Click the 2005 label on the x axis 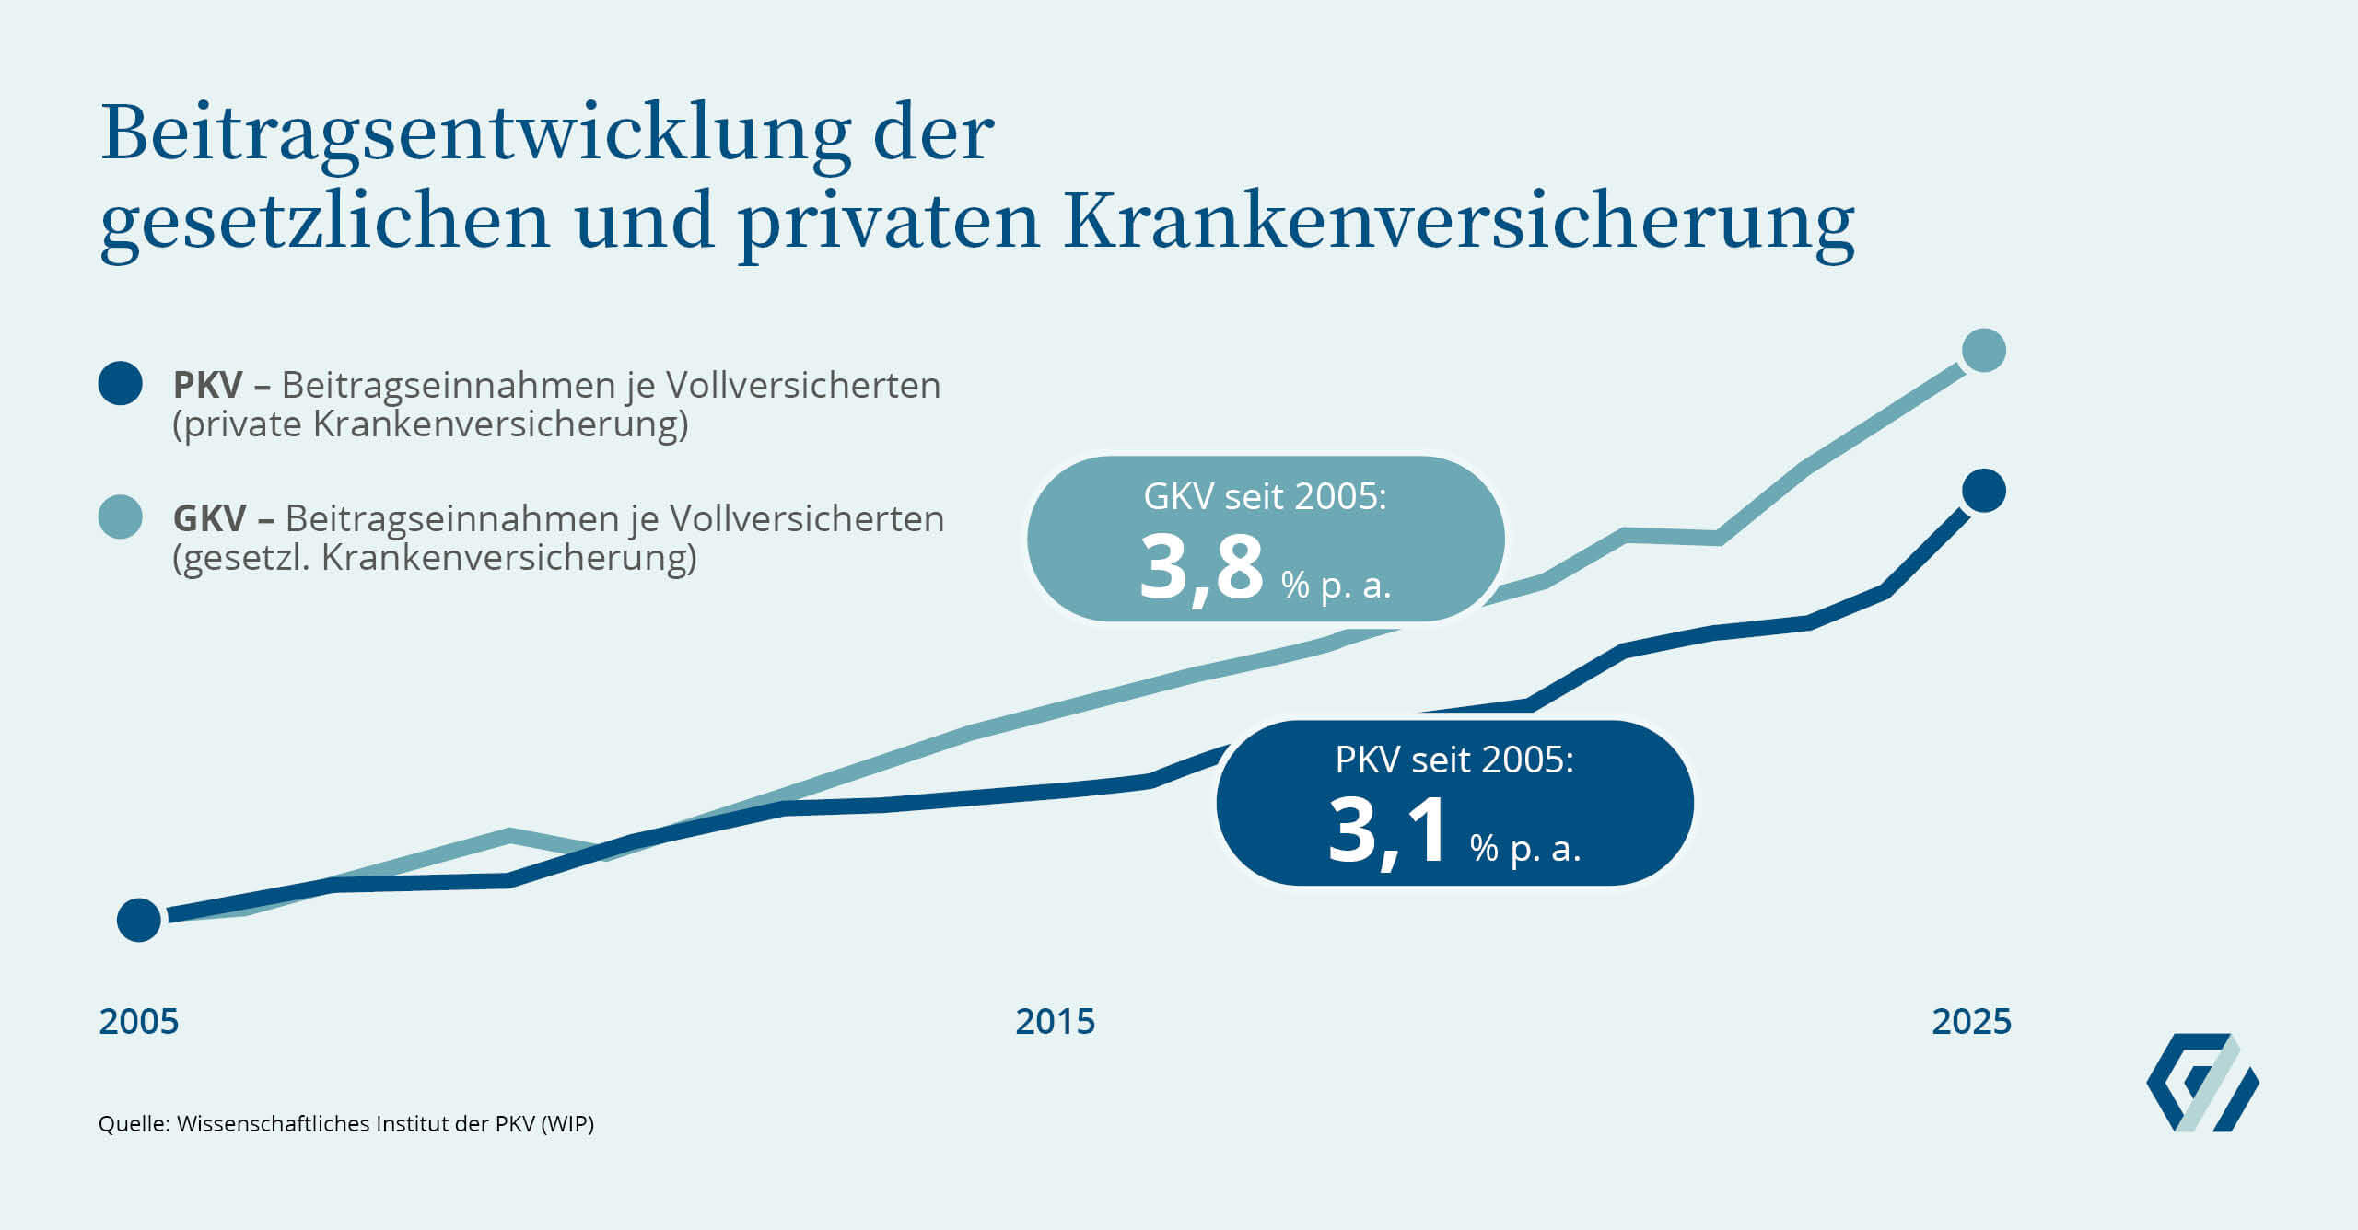138,1022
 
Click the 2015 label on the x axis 1055,1022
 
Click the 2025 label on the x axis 1971,1022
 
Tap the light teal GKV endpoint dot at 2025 1983,351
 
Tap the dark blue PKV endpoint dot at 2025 1983,491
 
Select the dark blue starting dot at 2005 139,920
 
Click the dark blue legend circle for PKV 121,383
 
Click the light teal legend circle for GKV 121,516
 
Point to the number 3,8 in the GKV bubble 1201,568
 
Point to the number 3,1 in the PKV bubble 1387,831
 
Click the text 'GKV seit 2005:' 1265,497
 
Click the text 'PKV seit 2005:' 1454,760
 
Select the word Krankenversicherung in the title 1459,222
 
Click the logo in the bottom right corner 2202,1083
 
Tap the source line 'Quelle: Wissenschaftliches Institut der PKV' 345,1124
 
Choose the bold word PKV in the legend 208,386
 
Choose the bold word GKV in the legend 209,519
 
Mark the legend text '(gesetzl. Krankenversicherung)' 435,558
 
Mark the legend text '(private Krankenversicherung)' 430,424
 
